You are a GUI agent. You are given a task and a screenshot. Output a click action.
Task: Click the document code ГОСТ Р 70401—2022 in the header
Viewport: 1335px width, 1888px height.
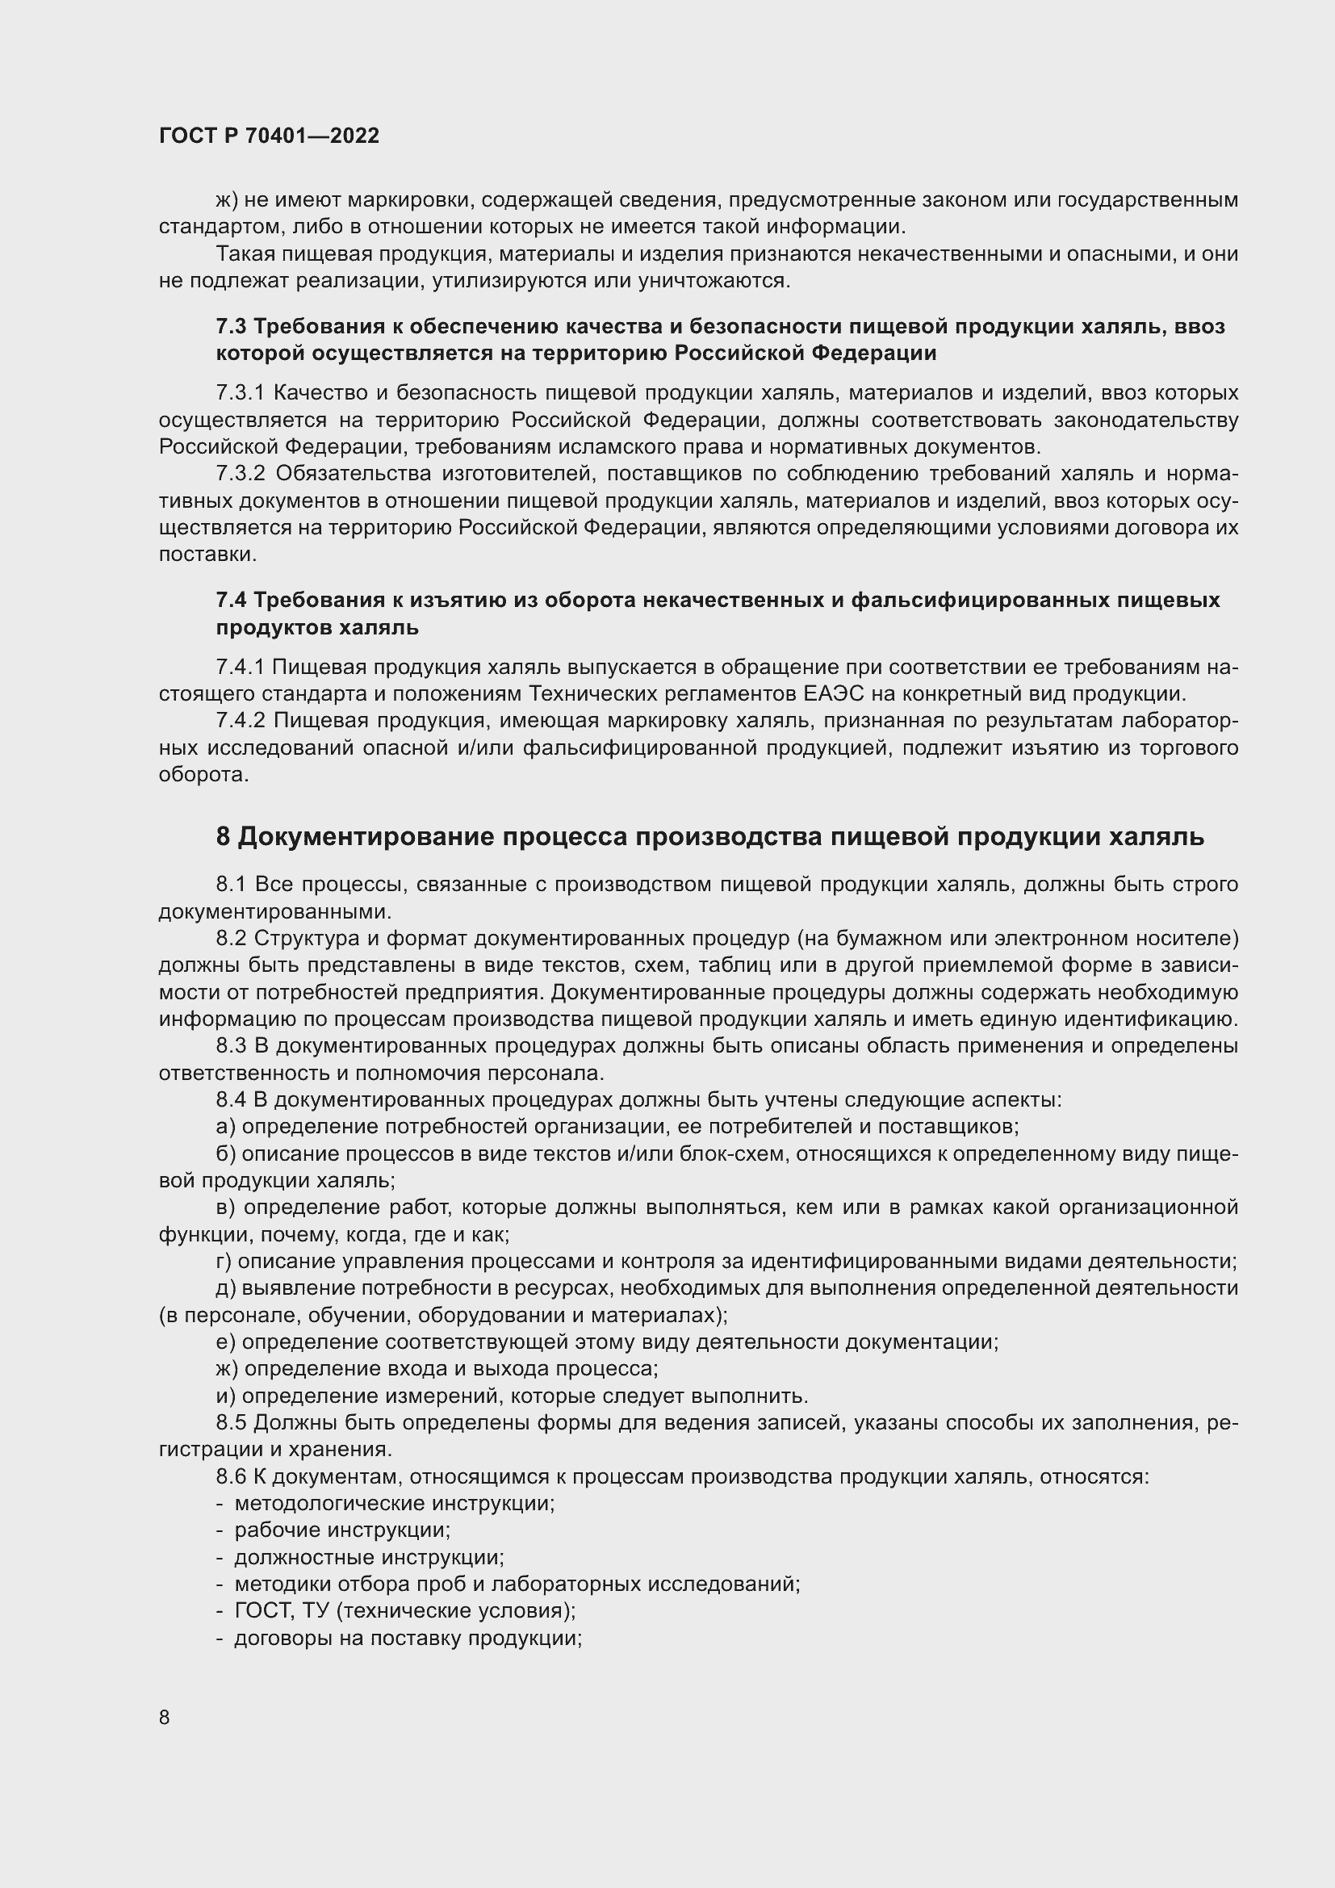(x=269, y=136)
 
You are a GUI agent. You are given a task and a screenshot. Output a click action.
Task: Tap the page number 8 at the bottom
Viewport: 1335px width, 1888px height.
(x=165, y=1717)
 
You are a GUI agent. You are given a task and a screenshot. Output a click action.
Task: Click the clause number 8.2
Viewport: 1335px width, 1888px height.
(x=231, y=938)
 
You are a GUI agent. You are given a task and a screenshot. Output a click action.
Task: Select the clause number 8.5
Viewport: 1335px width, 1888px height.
(x=231, y=1422)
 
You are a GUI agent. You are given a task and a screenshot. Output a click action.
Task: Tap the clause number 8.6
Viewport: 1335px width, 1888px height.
(x=231, y=1476)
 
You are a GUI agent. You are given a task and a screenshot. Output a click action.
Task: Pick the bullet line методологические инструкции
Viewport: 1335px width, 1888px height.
(x=395, y=1503)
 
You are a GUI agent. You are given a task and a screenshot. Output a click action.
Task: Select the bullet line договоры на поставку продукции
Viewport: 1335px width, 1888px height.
(x=408, y=1638)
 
